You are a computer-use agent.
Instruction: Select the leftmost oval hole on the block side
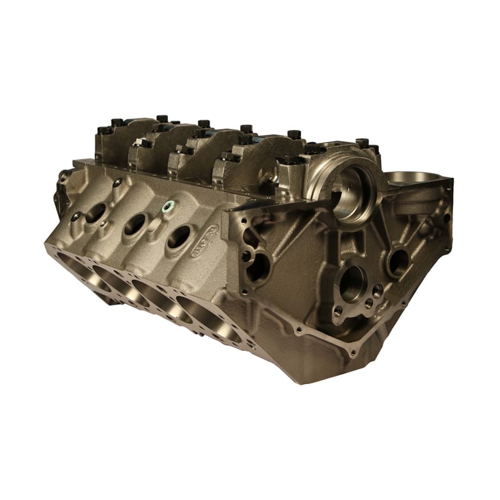click(x=96, y=212)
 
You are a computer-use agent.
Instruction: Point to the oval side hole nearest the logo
click(x=178, y=236)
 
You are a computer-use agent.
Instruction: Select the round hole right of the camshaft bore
click(x=397, y=261)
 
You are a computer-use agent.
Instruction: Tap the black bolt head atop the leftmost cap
click(x=117, y=122)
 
